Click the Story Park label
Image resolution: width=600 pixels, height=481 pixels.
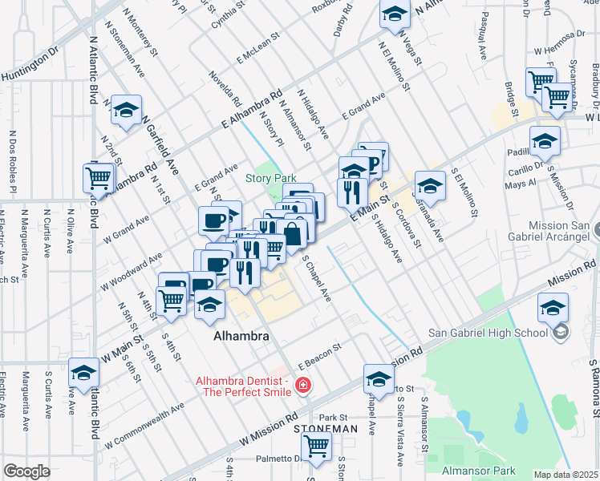tap(271, 178)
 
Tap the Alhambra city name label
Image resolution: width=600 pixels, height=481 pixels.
tap(241, 337)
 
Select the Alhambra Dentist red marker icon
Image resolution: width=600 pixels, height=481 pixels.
tap(303, 386)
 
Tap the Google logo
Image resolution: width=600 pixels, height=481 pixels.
tap(26, 471)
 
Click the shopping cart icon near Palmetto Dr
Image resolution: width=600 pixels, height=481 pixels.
tap(316, 448)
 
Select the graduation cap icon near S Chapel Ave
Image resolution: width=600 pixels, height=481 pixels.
tap(379, 379)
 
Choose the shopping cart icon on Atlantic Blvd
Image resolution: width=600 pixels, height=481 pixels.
tap(99, 178)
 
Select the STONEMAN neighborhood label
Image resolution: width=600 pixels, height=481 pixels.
tap(326, 430)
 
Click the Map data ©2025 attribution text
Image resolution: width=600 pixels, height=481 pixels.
tap(566, 475)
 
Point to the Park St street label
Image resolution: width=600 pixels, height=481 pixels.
tap(332, 418)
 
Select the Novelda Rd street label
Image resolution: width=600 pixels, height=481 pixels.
tap(225, 90)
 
